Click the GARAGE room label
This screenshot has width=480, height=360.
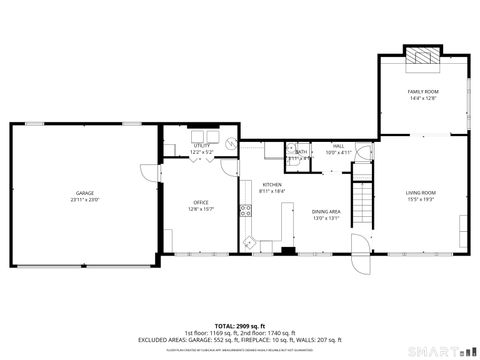point(85,192)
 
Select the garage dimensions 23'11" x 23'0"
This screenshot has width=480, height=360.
point(85,199)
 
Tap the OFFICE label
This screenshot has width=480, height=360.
point(201,203)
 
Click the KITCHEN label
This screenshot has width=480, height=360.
point(272,184)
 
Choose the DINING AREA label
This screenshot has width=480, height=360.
point(326,211)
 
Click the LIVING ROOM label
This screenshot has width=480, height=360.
point(420,192)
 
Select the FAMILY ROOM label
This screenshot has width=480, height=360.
point(423,91)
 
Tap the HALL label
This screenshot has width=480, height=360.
point(338,146)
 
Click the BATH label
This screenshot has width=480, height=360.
point(301,152)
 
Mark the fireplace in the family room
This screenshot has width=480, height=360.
point(422,57)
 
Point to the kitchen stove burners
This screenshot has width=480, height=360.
point(244,210)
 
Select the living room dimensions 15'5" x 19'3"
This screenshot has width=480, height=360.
point(420,199)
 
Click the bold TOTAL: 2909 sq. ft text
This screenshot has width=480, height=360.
point(239,326)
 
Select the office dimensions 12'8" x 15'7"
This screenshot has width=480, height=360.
point(201,210)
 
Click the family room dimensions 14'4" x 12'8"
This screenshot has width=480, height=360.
point(423,98)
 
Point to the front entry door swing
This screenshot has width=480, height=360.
point(358,261)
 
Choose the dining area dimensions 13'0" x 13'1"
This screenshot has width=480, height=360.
point(326,218)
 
